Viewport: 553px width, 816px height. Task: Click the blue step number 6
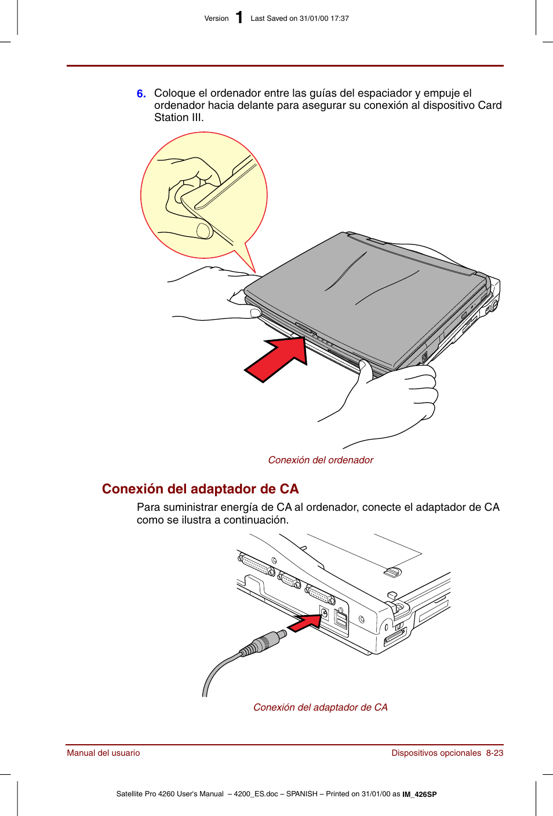(x=141, y=94)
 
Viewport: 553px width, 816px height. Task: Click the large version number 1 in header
(x=239, y=18)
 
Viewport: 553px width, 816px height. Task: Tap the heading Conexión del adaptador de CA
(x=200, y=489)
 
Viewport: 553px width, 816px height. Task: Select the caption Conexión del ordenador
(x=320, y=460)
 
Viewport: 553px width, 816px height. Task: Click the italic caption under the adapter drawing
(x=320, y=707)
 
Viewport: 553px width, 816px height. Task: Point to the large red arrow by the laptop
(x=277, y=359)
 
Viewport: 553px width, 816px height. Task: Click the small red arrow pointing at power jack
(x=305, y=624)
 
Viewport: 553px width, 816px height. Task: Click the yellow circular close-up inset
(x=203, y=195)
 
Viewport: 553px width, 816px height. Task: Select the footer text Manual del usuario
(x=103, y=753)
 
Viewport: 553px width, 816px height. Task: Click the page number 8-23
(x=494, y=753)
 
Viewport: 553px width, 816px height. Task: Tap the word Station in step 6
(x=171, y=118)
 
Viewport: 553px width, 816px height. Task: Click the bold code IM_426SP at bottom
(x=420, y=795)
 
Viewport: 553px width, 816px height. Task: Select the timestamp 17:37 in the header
(x=340, y=19)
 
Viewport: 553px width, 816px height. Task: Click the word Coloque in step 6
(x=174, y=93)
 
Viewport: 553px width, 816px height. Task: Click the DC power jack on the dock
(x=324, y=613)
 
